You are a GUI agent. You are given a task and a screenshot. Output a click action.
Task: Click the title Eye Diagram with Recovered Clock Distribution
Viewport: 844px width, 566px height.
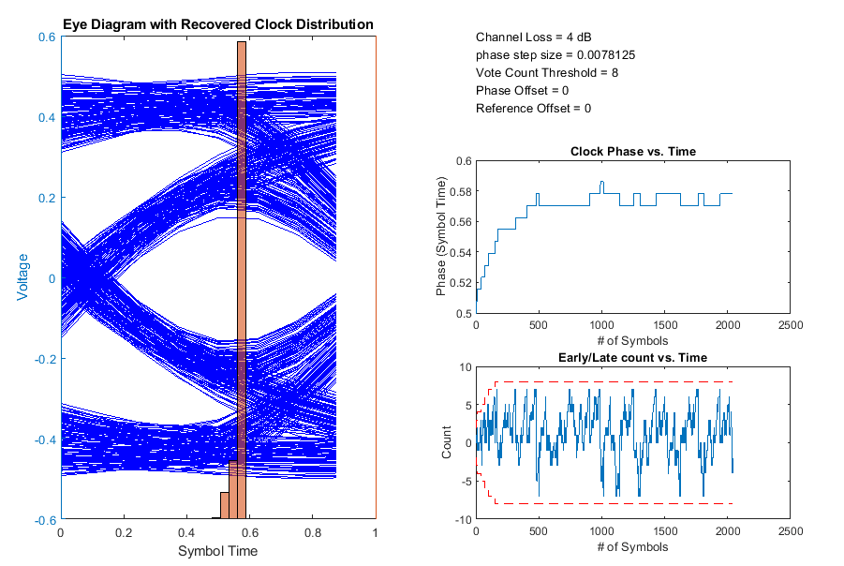[x=218, y=24]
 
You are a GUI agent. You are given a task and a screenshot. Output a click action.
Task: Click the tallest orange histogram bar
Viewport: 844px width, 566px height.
[x=242, y=281]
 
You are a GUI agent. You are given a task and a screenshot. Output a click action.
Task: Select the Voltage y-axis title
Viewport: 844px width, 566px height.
[x=22, y=277]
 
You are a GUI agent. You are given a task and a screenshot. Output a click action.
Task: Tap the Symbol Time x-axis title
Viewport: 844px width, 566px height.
[x=217, y=551]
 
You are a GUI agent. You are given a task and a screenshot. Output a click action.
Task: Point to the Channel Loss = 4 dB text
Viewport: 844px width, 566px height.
[x=533, y=37]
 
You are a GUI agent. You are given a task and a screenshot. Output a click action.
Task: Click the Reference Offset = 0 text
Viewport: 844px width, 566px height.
[x=533, y=109]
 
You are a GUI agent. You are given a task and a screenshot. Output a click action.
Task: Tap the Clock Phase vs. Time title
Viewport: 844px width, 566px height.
[x=632, y=152]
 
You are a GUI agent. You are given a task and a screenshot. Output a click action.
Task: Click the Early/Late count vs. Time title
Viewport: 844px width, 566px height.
[x=632, y=358]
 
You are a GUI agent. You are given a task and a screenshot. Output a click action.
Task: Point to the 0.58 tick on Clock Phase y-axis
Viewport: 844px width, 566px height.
[x=459, y=191]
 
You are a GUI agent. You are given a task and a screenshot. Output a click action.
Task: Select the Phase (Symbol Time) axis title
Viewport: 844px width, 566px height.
[x=441, y=237]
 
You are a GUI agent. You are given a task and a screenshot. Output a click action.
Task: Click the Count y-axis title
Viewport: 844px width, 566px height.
[x=447, y=442]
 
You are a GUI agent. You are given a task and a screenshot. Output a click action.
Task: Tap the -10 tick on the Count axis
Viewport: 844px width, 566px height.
[x=461, y=519]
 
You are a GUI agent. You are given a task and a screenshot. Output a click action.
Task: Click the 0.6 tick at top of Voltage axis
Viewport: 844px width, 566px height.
[x=45, y=37]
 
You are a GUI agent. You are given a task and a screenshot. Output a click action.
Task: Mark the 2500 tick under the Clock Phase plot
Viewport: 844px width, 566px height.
[x=790, y=326]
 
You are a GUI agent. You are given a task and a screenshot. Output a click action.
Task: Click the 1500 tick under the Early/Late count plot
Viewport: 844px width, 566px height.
[x=664, y=532]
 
